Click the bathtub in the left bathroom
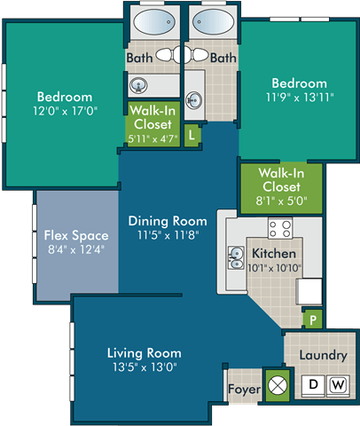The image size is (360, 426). coord(153,26)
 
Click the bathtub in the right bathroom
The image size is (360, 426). coord(211,26)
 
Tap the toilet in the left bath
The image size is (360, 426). coord(164,55)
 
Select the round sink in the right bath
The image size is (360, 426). coord(195,87)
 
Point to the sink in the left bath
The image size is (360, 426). coord(138,86)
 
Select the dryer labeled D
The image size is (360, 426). coord(312,384)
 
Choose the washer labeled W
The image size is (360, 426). coord(337,384)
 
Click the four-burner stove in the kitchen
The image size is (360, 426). coord(280,230)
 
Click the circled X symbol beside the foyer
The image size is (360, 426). coord(278,386)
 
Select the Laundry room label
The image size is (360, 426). coord(322,355)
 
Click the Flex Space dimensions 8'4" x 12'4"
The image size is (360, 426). coord(76,251)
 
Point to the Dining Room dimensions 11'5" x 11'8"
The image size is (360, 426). coord(167,236)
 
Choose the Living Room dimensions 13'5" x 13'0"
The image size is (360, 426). coord(146,367)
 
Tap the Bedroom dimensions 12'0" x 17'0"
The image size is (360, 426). coord(65,112)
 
